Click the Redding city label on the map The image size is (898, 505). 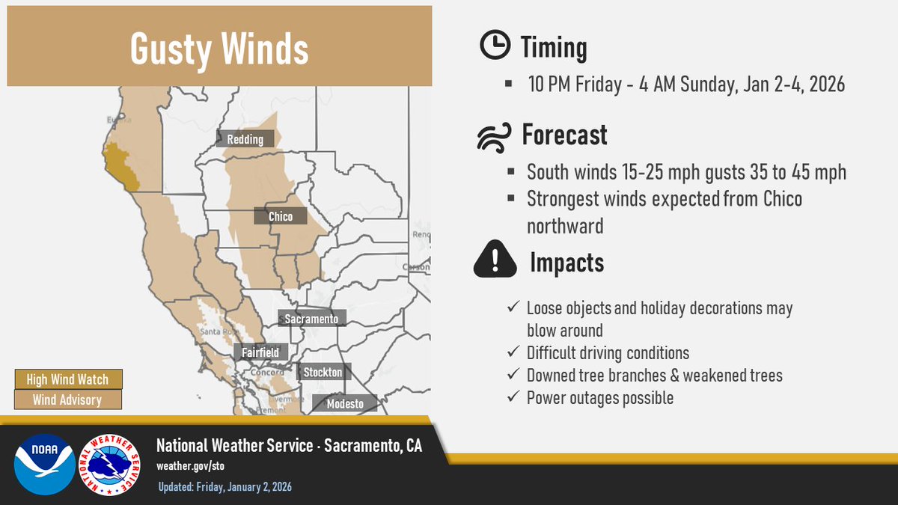click(245, 139)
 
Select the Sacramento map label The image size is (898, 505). click(311, 319)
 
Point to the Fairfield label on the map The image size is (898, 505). click(260, 352)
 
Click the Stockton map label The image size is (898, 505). click(323, 372)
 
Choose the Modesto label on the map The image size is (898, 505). click(345, 404)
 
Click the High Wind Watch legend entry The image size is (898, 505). click(67, 379)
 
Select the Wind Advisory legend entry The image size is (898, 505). click(67, 400)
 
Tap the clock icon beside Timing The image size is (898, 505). click(494, 47)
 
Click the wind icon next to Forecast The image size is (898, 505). click(495, 136)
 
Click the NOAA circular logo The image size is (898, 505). click(45, 464)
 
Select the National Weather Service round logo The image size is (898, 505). click(109, 464)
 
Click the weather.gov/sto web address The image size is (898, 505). click(190, 466)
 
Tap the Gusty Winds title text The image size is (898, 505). click(219, 49)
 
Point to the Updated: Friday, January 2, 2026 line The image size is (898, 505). click(224, 487)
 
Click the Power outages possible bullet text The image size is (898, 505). click(599, 398)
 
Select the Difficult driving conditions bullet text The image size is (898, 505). click(608, 352)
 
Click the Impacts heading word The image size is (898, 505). click(566, 263)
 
